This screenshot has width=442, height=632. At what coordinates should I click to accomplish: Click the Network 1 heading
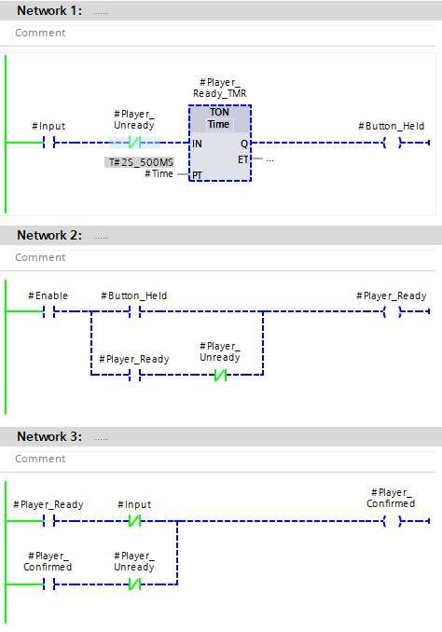[49, 10]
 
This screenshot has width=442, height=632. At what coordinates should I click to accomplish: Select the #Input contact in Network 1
[48, 143]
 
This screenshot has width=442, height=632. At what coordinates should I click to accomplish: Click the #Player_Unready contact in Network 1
[134, 143]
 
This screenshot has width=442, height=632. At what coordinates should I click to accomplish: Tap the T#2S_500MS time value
[140, 162]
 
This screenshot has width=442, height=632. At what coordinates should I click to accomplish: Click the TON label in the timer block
[219, 112]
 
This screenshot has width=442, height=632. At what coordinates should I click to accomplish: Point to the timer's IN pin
[197, 144]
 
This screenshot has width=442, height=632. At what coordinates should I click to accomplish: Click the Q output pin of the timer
[244, 144]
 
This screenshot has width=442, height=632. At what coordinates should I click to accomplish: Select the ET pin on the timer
[242, 159]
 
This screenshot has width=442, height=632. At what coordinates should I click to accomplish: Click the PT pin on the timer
[197, 175]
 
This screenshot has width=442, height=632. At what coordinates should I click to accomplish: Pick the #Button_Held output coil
[392, 143]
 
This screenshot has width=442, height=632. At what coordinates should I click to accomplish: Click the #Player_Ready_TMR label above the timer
[220, 88]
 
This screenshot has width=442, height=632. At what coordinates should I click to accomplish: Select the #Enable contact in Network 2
[48, 311]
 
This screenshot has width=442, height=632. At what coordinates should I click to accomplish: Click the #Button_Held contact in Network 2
[134, 311]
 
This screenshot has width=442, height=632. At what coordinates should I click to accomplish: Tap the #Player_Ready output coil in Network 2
[392, 311]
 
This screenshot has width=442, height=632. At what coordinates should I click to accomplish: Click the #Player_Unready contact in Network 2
[220, 375]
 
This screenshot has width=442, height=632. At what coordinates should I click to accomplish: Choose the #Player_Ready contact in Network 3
[48, 521]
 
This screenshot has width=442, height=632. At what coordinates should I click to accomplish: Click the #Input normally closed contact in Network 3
[134, 521]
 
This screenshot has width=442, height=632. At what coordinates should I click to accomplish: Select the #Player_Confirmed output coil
[392, 521]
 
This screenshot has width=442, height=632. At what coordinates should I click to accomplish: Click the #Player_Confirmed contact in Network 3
[48, 584]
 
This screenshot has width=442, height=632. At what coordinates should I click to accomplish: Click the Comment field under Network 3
[224, 460]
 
